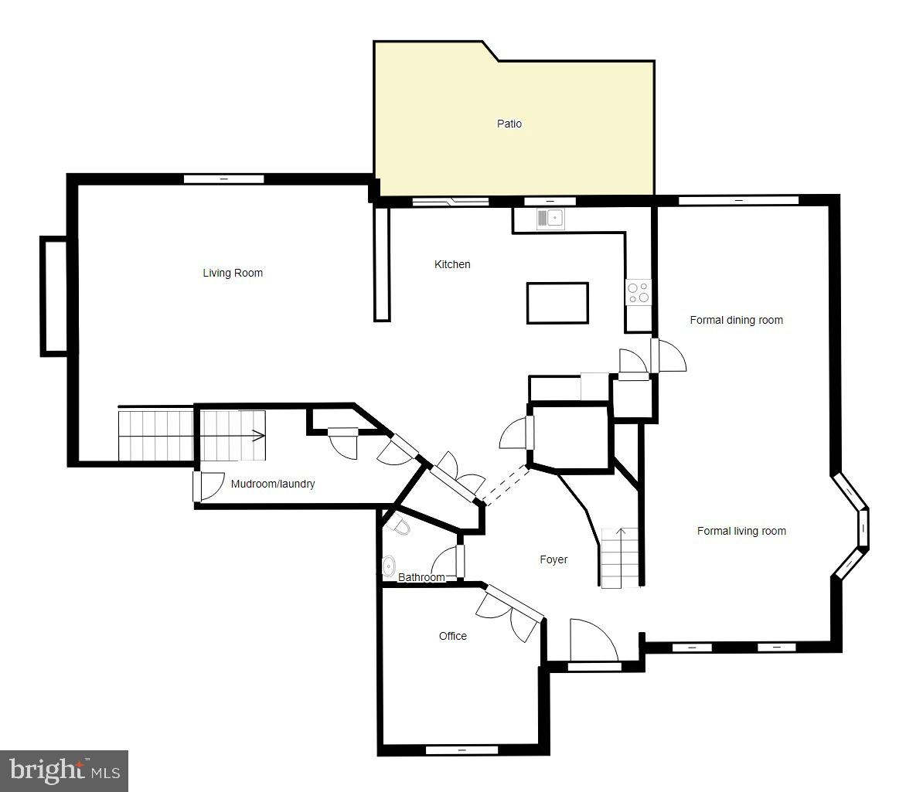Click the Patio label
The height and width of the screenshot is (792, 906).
(x=509, y=124)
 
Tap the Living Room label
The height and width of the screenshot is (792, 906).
(x=233, y=273)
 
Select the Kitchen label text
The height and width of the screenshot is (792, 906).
(x=452, y=264)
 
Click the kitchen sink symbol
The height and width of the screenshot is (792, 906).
(x=552, y=218)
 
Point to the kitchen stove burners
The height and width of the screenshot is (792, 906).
(x=639, y=293)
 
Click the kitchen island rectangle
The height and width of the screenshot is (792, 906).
(x=557, y=303)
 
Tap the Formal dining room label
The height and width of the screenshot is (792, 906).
(x=736, y=320)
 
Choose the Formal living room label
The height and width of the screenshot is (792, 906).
(x=741, y=531)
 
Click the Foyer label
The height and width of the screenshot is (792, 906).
(x=553, y=559)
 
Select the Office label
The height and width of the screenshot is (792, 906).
(x=453, y=636)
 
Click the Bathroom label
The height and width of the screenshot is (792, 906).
(x=421, y=577)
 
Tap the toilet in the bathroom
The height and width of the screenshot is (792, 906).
(x=401, y=527)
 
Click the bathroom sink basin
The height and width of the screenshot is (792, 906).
(x=389, y=566)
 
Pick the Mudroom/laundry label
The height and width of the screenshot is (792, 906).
(x=273, y=484)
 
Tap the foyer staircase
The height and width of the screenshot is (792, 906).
(x=621, y=558)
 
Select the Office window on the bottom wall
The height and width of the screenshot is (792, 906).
(x=462, y=750)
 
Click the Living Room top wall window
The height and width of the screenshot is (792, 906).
(x=223, y=179)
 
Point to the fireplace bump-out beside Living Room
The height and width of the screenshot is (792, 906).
(x=54, y=296)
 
